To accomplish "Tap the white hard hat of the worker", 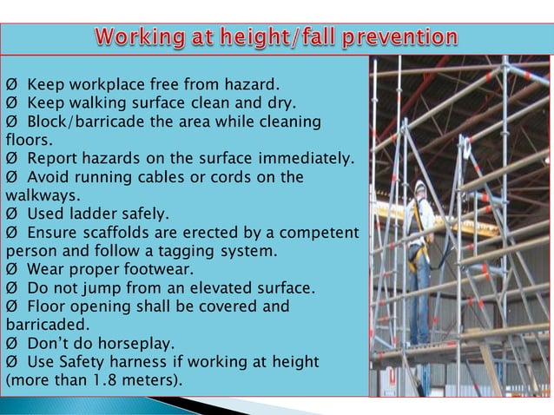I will (420, 186).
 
